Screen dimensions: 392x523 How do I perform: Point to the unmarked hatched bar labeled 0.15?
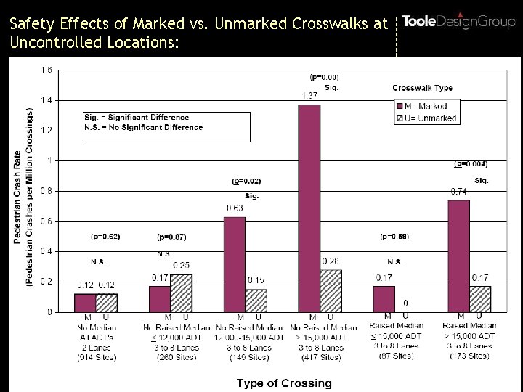(256, 300)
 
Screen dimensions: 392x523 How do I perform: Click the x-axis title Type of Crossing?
(284, 383)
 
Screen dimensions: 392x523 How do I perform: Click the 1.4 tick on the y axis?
(46, 100)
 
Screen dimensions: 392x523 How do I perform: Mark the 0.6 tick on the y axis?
(46, 221)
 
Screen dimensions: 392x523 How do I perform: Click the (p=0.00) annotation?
(324, 76)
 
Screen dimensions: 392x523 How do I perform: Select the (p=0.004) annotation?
(471, 163)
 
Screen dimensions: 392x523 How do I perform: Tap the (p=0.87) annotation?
(171, 237)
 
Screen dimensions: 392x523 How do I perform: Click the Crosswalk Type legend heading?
(422, 88)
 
